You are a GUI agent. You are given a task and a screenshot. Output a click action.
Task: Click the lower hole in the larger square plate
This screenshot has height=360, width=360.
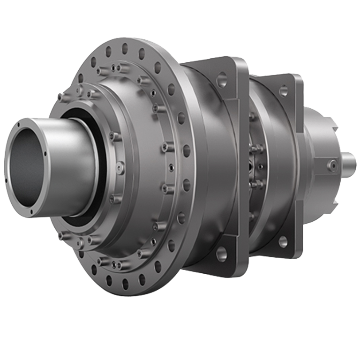[221, 254]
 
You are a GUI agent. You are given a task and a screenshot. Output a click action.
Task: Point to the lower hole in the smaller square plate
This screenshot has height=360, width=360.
[282, 241]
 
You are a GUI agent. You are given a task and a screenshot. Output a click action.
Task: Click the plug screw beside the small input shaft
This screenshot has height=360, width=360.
[333, 165]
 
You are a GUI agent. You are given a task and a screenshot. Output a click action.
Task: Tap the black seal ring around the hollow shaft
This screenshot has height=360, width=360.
[70, 216]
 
